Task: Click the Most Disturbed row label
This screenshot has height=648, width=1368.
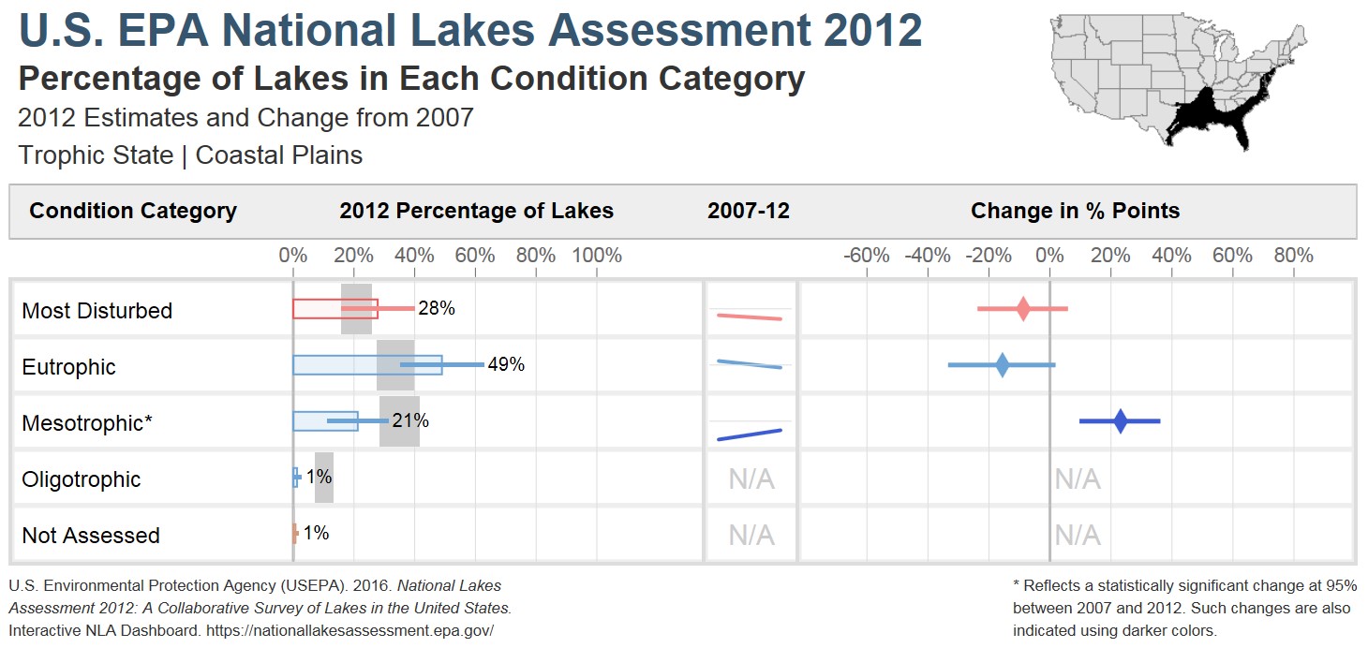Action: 97,311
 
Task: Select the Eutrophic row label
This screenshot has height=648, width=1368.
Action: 68,367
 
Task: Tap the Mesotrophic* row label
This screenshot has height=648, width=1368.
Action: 86,423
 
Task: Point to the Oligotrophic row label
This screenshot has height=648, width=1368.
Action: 81,479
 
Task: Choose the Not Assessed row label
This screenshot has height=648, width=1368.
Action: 90,536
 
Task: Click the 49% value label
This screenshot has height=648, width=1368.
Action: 506,364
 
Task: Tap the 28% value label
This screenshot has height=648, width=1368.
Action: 437,308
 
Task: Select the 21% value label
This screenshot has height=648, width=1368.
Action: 410,420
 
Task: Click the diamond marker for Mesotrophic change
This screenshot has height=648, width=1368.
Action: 1121,421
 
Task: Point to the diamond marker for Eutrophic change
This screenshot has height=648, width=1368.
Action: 1003,365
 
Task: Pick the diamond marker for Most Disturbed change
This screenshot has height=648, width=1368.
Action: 1023,308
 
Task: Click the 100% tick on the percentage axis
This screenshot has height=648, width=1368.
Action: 596,256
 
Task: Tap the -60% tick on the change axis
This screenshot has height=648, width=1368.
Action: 867,256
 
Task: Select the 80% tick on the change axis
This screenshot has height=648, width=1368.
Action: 1293,256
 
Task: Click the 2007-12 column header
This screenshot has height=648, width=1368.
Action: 748,211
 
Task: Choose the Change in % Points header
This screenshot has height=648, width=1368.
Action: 1075,211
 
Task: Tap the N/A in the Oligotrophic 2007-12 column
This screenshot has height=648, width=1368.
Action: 751,479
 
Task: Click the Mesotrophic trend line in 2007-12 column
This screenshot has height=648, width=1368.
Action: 749,434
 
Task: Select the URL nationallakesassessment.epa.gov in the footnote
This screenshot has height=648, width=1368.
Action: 349,630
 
